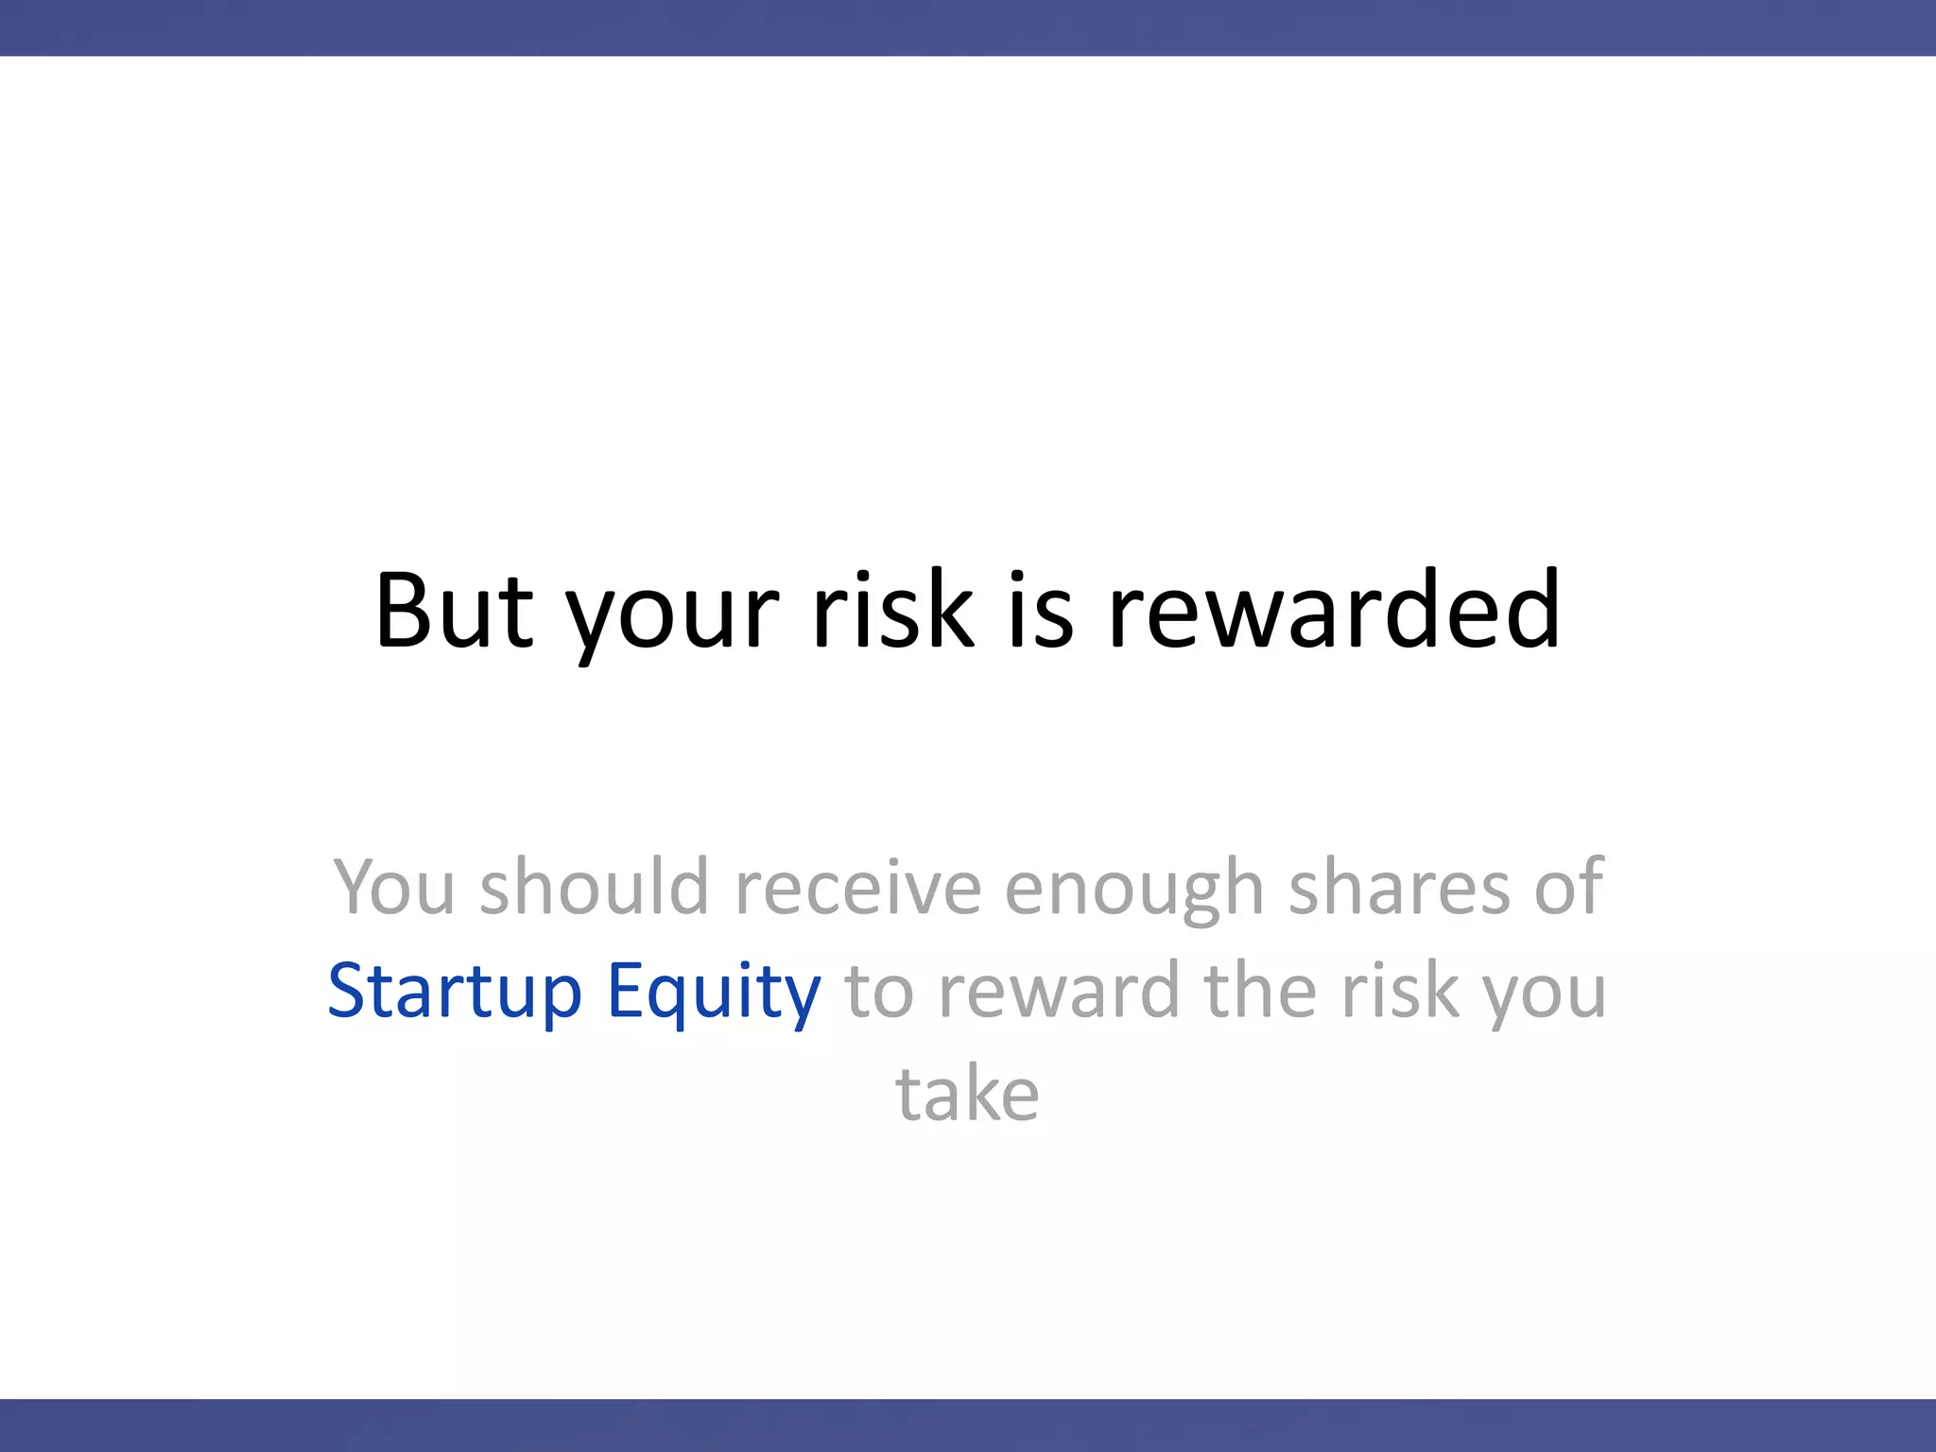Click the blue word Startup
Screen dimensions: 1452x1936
click(455, 993)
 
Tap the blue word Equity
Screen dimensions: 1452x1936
click(714, 993)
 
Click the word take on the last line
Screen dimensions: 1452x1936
click(967, 1095)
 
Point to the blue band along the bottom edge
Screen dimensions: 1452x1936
click(968, 1426)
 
